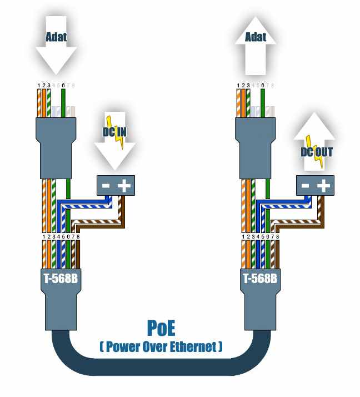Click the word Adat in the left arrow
click(x=56, y=38)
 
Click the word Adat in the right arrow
click(x=256, y=38)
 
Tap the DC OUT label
click(x=317, y=151)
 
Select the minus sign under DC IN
click(x=106, y=186)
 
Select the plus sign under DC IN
click(x=123, y=186)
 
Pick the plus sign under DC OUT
click(x=323, y=186)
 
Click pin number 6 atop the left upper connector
click(x=64, y=85)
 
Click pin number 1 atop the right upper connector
click(x=238, y=85)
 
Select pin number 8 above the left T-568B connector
click(x=78, y=236)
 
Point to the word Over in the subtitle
click(x=157, y=347)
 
